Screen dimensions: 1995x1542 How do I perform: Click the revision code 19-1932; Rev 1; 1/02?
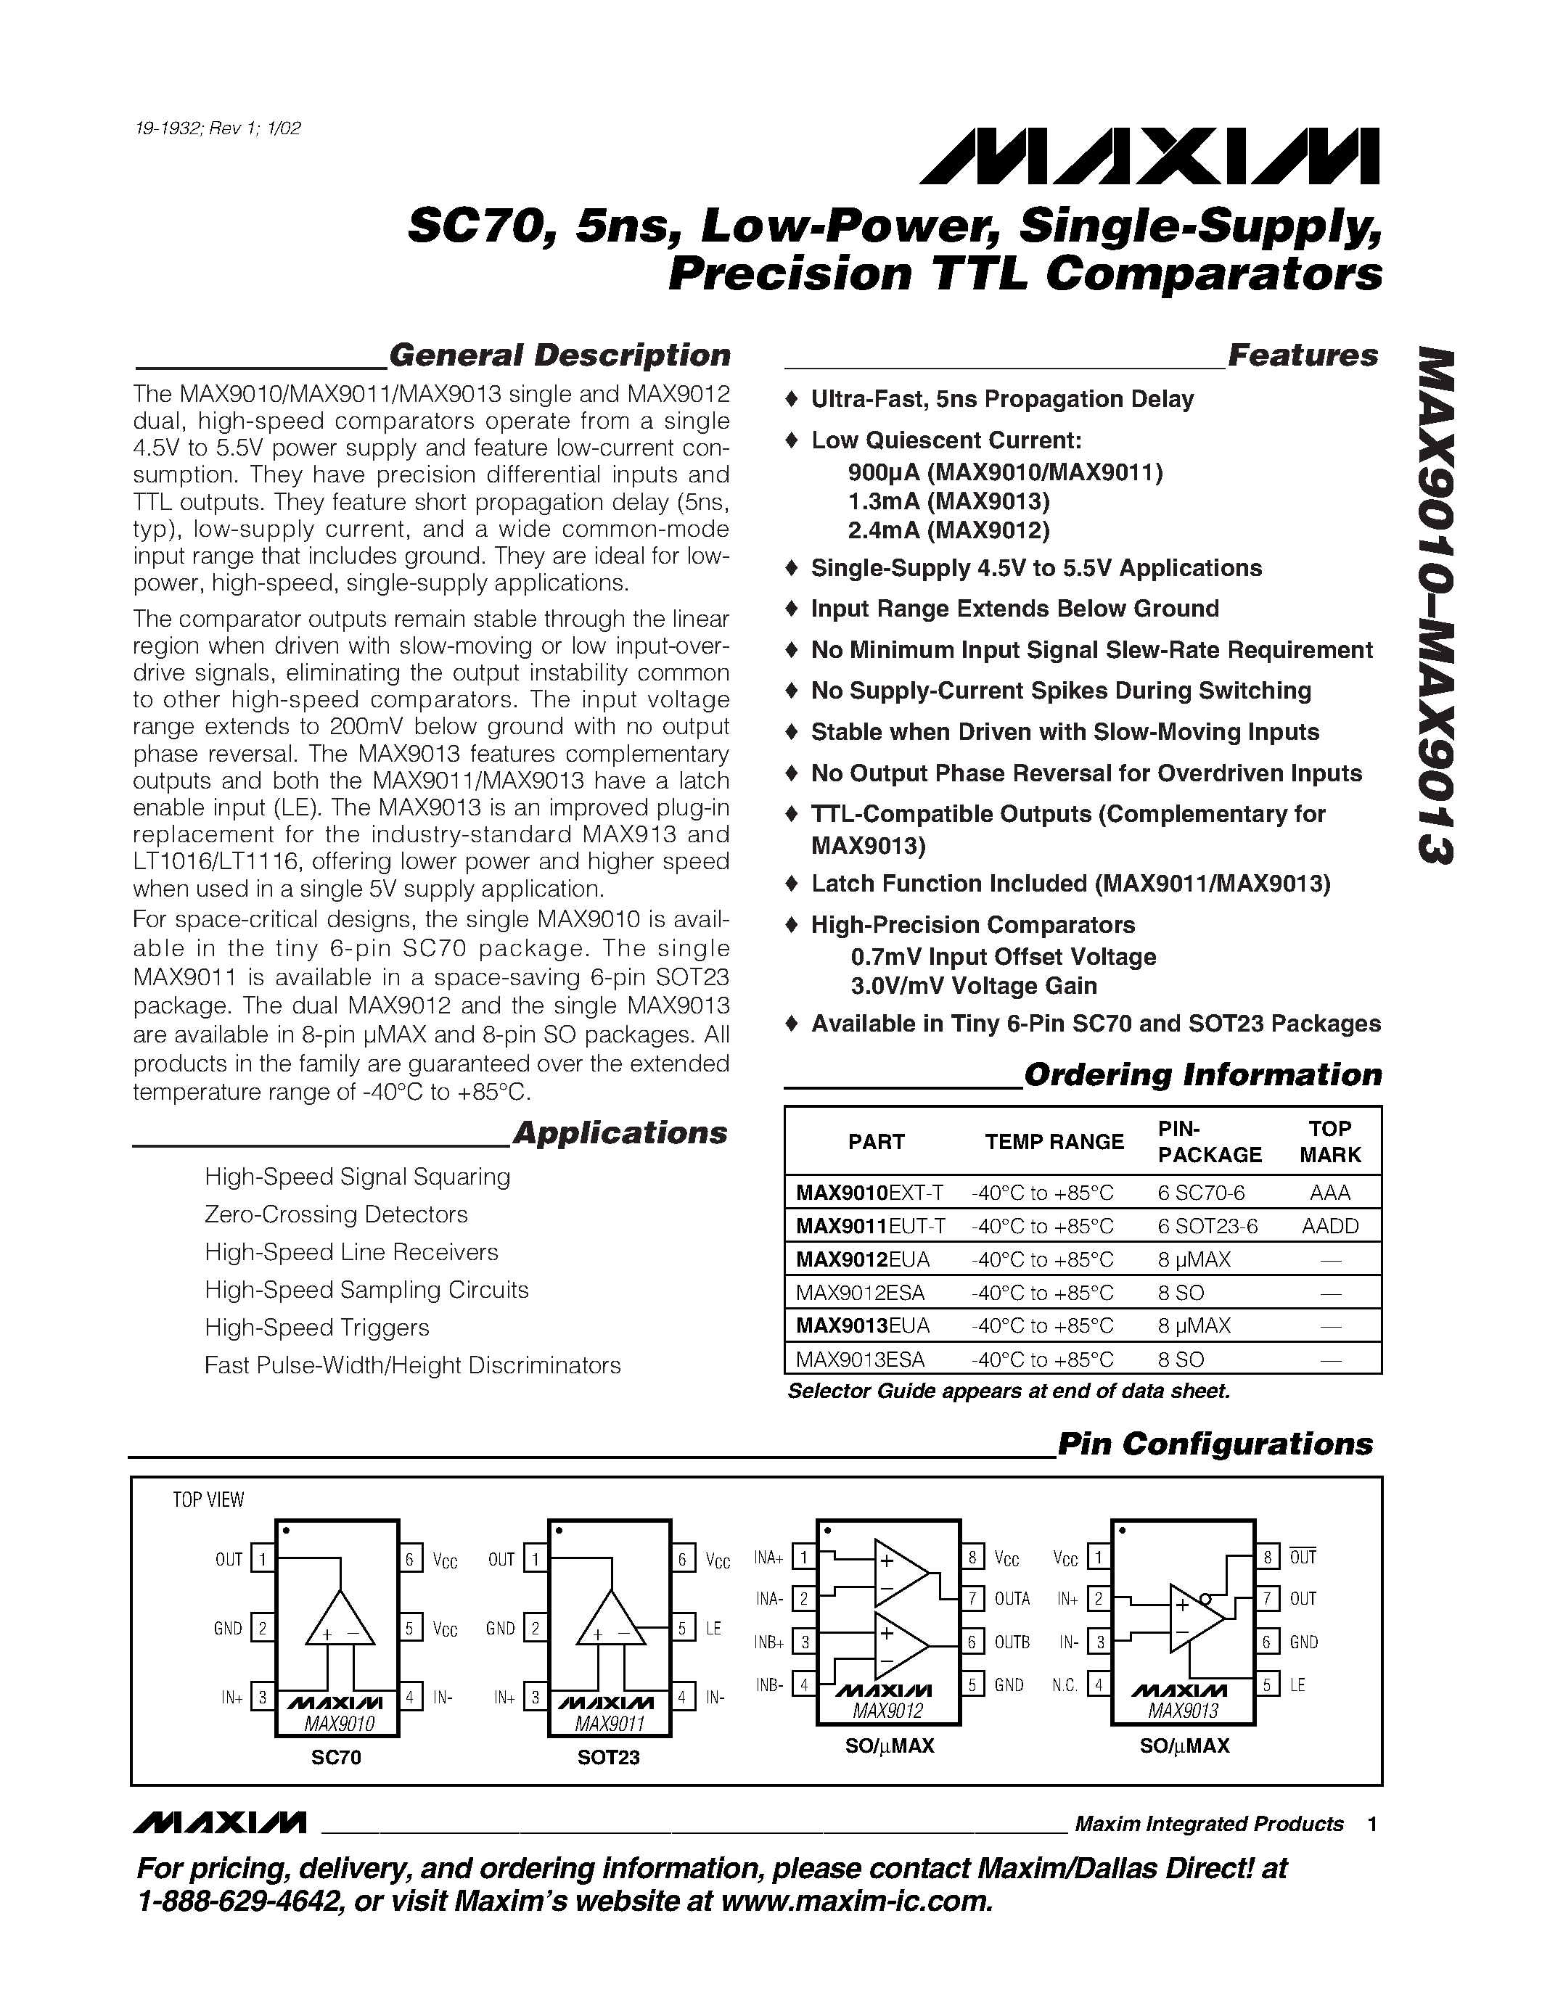point(218,128)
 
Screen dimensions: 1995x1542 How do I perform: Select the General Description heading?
point(559,355)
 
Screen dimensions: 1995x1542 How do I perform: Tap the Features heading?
point(1302,355)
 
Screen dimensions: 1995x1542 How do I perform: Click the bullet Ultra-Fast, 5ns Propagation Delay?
point(1001,399)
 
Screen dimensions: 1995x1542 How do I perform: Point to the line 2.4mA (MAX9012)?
point(949,530)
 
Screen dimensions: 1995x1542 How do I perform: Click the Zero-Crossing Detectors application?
point(336,1214)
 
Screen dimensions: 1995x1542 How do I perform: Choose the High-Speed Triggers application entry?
point(317,1328)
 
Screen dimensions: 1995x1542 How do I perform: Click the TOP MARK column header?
point(1329,1141)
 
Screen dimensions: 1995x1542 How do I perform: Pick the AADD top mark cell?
point(1329,1226)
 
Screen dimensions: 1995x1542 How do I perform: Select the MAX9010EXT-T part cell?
point(869,1192)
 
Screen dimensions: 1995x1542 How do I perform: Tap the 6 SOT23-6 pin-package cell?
point(1207,1226)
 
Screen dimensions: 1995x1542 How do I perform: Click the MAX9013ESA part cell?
point(860,1360)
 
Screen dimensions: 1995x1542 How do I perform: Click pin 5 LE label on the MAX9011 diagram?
point(713,1629)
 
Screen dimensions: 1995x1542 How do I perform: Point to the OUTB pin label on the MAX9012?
point(1012,1642)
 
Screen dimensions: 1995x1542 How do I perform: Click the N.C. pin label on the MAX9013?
point(1065,1685)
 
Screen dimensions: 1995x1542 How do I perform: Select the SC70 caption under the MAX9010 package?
point(336,1758)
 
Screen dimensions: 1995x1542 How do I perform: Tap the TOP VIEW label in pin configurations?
point(208,1500)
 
